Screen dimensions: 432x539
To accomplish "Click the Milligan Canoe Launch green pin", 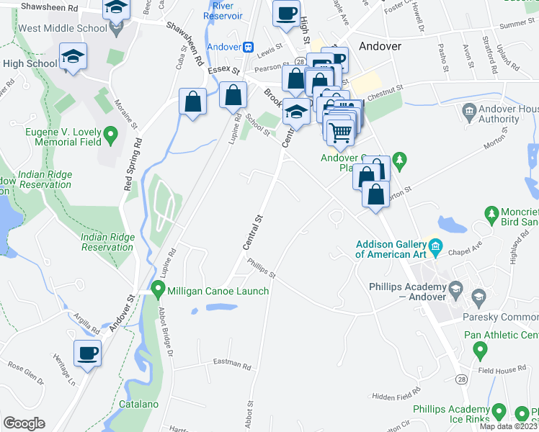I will pos(159,291).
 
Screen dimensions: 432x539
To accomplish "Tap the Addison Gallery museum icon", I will pos(436,249).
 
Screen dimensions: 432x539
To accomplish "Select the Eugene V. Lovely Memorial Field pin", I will pos(111,134).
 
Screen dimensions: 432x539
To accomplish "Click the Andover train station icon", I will pos(249,46).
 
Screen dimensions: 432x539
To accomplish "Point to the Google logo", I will pos(24,423).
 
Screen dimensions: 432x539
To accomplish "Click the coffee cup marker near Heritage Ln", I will pos(87,354).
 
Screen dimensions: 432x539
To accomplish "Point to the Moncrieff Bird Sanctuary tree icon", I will pos(492,214).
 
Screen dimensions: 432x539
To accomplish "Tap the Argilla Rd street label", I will pos(86,323).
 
